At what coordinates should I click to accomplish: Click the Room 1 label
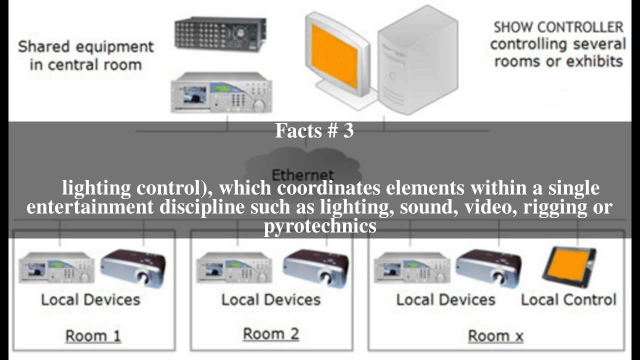pyautogui.click(x=93, y=335)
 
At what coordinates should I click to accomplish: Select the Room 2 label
pyautogui.click(x=271, y=333)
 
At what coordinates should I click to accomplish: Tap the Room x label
pyautogui.click(x=495, y=336)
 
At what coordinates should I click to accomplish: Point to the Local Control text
pyautogui.click(x=568, y=299)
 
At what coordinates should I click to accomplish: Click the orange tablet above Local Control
pyautogui.click(x=568, y=267)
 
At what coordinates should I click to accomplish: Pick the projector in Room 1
pyautogui.click(x=133, y=268)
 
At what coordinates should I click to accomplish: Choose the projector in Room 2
pyautogui.click(x=316, y=268)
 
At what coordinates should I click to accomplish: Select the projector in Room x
pyautogui.click(x=488, y=268)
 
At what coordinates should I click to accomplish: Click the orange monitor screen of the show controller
pyautogui.click(x=334, y=56)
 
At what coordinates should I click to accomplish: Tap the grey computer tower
pyautogui.click(x=418, y=60)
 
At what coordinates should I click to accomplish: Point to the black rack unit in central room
pyautogui.click(x=220, y=34)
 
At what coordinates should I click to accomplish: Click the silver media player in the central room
pyautogui.click(x=221, y=92)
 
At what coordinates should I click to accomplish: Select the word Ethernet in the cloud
pyautogui.click(x=303, y=175)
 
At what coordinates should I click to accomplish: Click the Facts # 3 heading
pyautogui.click(x=314, y=130)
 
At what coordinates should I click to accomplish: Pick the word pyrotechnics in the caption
pyautogui.click(x=320, y=225)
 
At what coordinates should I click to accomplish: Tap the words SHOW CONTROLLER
pyautogui.click(x=558, y=27)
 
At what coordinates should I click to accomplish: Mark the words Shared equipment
pyautogui.click(x=86, y=46)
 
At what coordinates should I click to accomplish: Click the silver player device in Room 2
pyautogui.click(x=234, y=267)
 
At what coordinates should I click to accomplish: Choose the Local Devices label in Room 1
pyautogui.click(x=90, y=299)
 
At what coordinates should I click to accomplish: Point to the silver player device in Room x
pyautogui.click(x=412, y=267)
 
